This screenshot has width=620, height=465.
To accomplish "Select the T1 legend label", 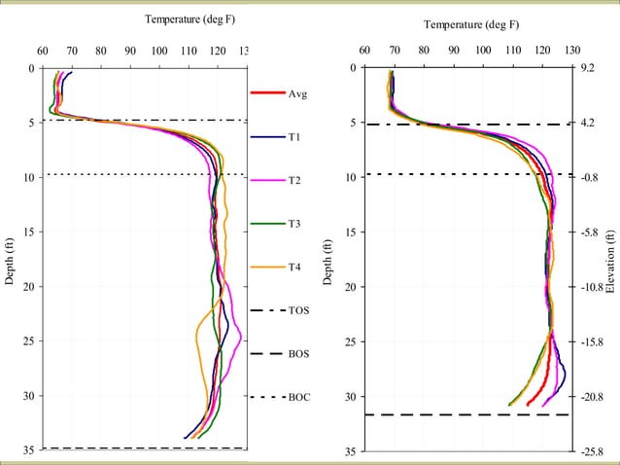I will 294,138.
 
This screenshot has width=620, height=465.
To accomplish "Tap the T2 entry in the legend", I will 294,181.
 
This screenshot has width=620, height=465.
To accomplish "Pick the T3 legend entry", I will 294,224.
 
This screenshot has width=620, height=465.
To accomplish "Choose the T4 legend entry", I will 294,268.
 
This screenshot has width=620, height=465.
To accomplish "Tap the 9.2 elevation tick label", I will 587,69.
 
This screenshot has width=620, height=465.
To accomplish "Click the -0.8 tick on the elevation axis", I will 588,178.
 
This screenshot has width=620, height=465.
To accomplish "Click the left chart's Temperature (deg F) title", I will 190,19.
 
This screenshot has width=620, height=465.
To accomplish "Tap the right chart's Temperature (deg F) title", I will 472,25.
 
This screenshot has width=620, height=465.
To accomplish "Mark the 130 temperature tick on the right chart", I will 572,51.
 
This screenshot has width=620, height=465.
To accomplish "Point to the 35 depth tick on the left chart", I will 29,452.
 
